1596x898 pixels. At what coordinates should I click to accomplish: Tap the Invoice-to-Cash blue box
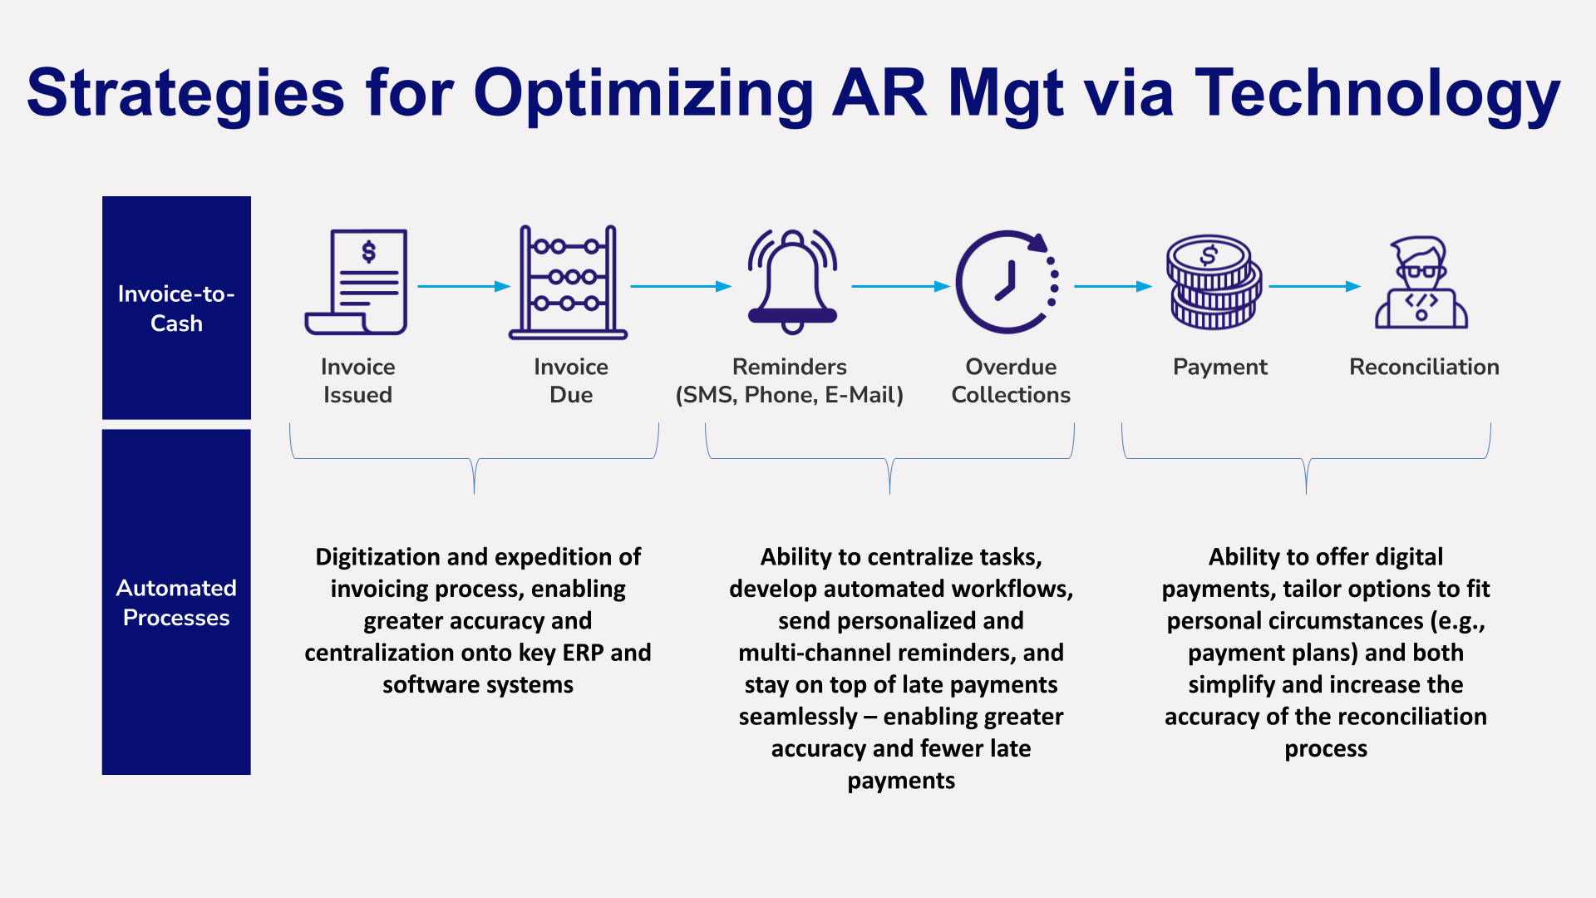point(176,308)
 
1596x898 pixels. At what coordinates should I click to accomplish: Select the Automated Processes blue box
point(176,602)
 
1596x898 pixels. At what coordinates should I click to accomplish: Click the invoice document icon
point(357,282)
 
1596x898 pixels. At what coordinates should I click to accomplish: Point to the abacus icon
point(568,283)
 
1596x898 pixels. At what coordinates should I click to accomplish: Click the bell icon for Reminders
point(792,283)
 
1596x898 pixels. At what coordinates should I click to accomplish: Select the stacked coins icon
point(1214,283)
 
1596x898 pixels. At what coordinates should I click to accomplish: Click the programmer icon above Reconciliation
point(1421,283)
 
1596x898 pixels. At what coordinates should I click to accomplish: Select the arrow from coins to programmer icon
point(1314,286)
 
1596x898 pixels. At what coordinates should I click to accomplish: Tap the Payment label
point(1219,367)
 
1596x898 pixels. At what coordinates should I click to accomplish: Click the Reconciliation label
point(1424,367)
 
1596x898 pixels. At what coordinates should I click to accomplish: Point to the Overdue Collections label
point(1011,381)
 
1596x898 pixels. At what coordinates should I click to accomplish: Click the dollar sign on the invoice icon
point(369,251)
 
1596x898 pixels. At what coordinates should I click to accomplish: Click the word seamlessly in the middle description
point(798,717)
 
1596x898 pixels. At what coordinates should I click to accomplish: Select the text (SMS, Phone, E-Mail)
point(790,395)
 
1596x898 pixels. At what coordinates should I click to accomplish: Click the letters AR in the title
point(879,93)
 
